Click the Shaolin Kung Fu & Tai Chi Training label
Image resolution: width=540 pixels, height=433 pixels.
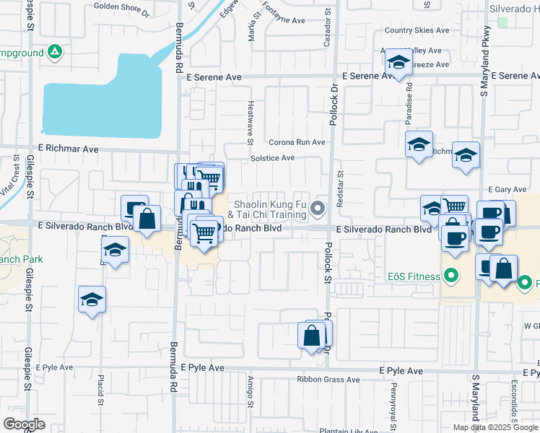(x=269, y=209)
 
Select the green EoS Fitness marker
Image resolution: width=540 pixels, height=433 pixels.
(x=451, y=275)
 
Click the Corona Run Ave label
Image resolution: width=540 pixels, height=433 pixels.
(x=297, y=142)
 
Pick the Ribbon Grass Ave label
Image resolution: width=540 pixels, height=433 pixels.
(x=328, y=380)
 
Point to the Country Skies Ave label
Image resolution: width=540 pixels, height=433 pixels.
(x=417, y=30)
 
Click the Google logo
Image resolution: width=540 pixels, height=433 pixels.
(x=24, y=424)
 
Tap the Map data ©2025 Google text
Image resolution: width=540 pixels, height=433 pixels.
(x=496, y=427)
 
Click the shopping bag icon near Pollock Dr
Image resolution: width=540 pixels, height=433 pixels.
(x=313, y=336)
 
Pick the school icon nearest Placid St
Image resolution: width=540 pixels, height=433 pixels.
(x=92, y=300)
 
